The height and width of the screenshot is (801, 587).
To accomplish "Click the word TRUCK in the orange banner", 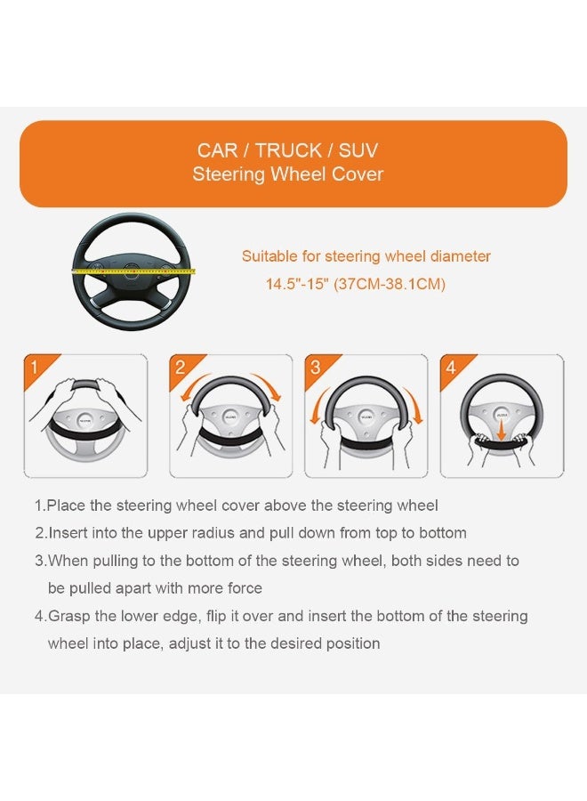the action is coord(288,150).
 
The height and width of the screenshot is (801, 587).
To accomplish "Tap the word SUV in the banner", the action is coord(358,150).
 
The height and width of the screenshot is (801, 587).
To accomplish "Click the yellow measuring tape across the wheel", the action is coord(133,271).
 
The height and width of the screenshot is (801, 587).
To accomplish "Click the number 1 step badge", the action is coord(35,368).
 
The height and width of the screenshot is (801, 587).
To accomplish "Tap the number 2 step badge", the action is coord(181,368).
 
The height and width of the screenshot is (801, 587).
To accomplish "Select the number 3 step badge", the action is coord(316,368).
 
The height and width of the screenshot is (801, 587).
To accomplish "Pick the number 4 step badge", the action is coord(451,368).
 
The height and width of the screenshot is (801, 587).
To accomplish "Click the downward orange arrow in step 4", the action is coord(502,427).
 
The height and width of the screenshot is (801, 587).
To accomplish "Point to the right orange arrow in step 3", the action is coord(414,404).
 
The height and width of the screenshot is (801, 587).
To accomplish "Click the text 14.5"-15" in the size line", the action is coord(296,284).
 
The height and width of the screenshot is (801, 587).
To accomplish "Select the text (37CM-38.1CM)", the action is coord(390,284).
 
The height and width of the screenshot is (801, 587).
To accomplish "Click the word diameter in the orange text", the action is coord(461,256).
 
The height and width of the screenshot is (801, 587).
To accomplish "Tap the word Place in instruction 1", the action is coord(66,506).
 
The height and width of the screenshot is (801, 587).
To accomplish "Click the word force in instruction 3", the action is coord(245,588).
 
